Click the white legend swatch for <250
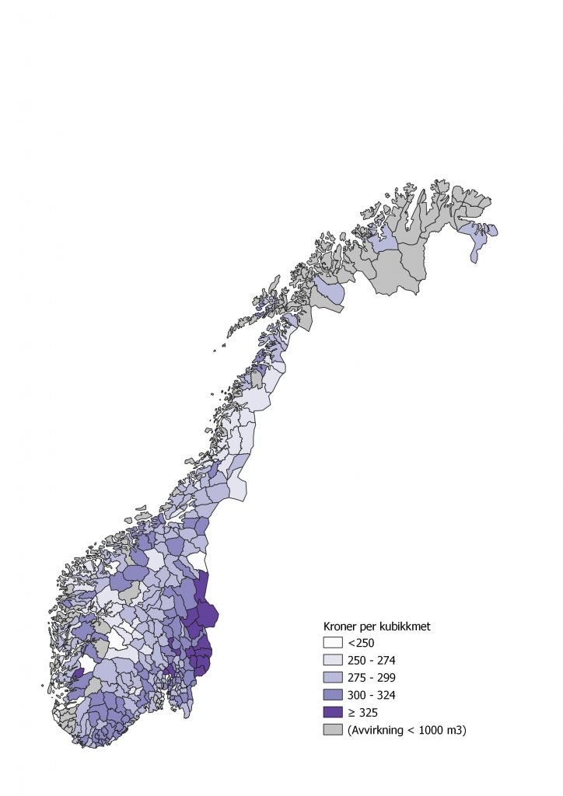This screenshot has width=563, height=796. [333, 643]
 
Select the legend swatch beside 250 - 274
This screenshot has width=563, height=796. [333, 660]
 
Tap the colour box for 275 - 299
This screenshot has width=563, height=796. [333, 677]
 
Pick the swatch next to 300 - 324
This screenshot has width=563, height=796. [333, 694]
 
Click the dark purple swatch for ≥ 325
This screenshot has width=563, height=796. [333, 711]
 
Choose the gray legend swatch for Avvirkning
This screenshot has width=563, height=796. [333, 729]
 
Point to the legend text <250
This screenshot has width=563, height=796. [362, 643]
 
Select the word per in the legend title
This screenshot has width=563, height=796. [372, 626]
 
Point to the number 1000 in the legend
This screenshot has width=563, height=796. [432, 729]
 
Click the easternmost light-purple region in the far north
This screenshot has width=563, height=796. [477, 236]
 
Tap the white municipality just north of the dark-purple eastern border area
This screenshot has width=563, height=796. [198, 561]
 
